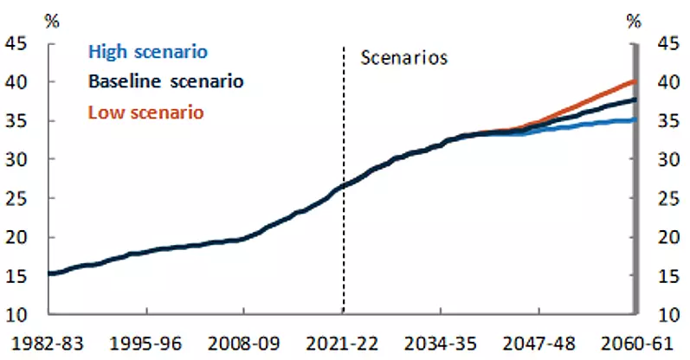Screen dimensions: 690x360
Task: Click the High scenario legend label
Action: [148, 52]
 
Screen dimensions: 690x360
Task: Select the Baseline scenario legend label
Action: [166, 81]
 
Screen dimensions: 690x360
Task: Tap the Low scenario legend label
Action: [146, 112]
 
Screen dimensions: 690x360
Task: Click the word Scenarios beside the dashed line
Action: [404, 58]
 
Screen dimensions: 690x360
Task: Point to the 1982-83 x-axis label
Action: [47, 344]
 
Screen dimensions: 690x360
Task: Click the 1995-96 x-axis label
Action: [145, 344]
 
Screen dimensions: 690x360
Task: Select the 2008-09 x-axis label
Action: [243, 344]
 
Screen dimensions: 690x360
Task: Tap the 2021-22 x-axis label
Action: [342, 344]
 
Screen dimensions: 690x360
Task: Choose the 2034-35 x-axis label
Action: [440, 344]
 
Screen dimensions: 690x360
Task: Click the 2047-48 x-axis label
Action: [538, 344]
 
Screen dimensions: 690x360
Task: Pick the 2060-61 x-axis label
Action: [636, 344]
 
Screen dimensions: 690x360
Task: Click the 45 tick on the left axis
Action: [16, 43]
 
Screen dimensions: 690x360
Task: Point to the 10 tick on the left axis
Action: [16, 315]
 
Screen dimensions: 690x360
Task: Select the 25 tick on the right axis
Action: [669, 199]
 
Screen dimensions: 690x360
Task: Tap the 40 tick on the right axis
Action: [669, 82]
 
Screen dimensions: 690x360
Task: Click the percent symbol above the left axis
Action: [52, 21]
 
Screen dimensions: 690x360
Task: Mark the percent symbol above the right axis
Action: [634, 21]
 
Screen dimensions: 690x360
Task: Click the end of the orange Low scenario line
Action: [635, 81]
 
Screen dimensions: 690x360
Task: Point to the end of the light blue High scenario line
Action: [635, 119]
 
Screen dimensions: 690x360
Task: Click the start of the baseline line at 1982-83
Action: [48, 273]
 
